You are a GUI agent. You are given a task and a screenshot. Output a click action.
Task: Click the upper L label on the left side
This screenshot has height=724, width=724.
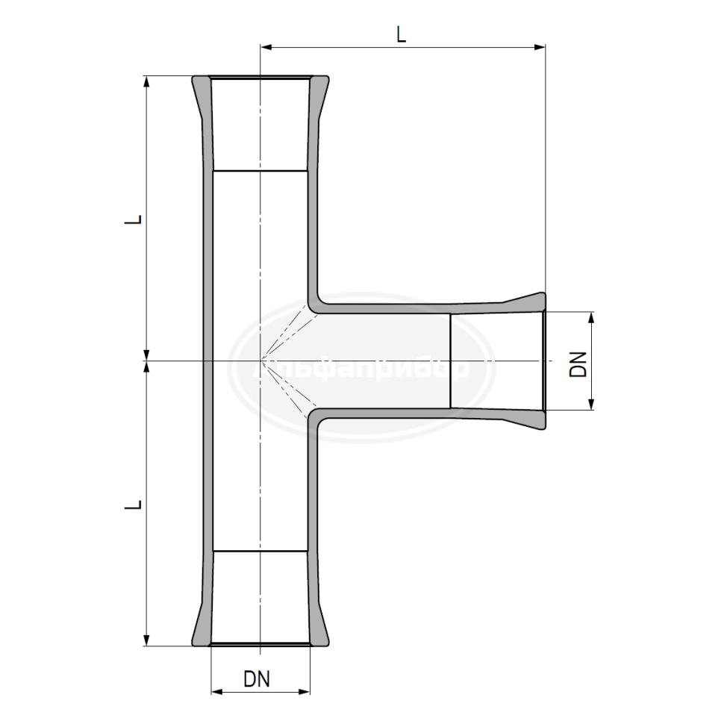[133, 221]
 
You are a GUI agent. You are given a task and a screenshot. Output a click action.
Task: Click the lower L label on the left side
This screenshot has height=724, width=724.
[133, 505]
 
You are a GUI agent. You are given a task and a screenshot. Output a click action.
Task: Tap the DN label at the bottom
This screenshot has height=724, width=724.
[257, 679]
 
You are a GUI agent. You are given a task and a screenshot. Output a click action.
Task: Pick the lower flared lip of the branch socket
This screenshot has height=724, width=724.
[530, 421]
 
